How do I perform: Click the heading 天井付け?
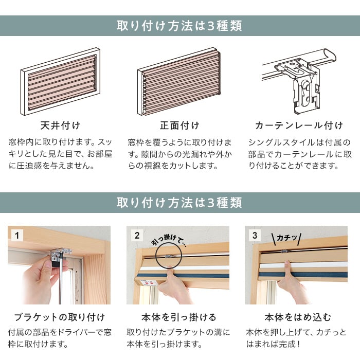(x=60, y=125)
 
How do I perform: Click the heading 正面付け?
(x=180, y=125)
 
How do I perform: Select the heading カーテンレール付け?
(x=299, y=125)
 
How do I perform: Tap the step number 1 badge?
(x=16, y=236)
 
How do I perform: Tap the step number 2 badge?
(x=137, y=236)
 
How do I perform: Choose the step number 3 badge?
(x=255, y=236)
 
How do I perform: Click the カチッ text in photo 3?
(x=287, y=238)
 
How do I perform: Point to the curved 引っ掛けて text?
(x=169, y=241)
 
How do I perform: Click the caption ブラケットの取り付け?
(x=60, y=317)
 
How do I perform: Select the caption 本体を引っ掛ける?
(x=179, y=317)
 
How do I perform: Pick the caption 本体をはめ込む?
(x=298, y=317)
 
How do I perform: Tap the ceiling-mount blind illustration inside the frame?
(x=62, y=82)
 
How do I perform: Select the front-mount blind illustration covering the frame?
(x=180, y=81)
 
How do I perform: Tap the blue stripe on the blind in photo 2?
(x=184, y=275)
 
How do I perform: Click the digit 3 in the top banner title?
(x=211, y=26)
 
